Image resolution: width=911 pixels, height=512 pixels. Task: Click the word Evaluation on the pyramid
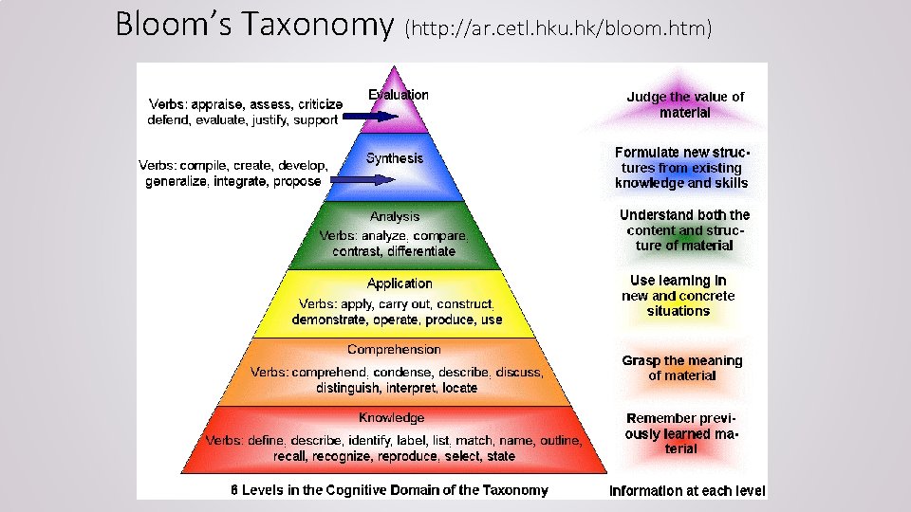click(399, 95)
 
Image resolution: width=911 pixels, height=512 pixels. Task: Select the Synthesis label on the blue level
click(395, 158)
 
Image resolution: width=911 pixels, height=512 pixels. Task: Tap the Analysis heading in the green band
click(395, 217)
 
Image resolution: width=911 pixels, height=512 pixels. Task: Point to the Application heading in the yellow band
click(400, 283)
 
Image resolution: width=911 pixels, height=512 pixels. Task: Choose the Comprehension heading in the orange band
click(394, 350)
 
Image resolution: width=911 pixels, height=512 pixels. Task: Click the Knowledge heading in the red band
click(392, 418)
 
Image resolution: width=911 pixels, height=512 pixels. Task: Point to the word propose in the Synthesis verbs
click(297, 182)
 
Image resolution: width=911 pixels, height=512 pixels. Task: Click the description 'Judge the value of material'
click(685, 104)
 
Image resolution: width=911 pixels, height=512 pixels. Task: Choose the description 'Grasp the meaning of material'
click(681, 368)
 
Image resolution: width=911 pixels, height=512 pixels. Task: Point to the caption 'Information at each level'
click(687, 491)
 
